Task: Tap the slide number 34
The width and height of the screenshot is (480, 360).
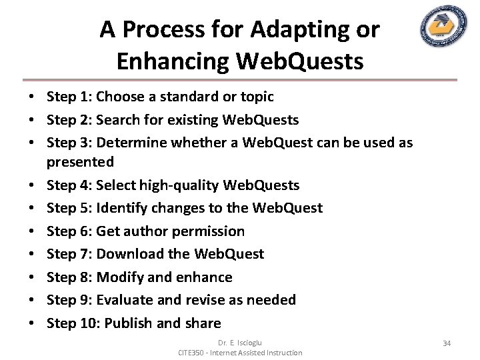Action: click(447, 343)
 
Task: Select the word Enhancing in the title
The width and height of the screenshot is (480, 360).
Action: click(171, 61)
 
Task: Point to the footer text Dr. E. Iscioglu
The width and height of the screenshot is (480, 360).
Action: click(240, 343)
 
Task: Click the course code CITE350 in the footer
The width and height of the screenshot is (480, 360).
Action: click(194, 352)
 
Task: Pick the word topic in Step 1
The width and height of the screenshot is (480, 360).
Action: click(257, 97)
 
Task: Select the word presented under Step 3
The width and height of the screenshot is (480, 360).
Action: click(80, 161)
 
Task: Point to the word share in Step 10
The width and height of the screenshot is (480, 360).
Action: click(203, 323)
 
